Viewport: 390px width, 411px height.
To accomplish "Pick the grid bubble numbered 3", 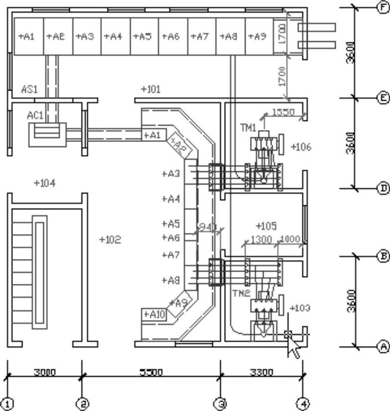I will coord(220,403).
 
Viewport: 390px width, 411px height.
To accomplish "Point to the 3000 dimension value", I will coord(44,372).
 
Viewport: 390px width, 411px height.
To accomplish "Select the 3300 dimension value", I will coord(261,372).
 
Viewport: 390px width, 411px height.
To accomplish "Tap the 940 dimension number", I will coord(207,227).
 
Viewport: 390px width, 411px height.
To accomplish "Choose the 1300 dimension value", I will coord(261,240).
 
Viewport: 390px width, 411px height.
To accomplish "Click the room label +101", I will coord(150,90).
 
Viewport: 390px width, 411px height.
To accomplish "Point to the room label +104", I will coord(44,183).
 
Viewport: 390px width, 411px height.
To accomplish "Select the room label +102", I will coord(110,240).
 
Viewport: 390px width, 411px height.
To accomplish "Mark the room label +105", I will coord(266,226).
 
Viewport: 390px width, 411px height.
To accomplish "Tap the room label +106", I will coord(300,147).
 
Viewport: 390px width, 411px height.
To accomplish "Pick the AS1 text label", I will coord(29,90).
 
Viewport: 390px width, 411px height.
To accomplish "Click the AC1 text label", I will coord(35,115).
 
